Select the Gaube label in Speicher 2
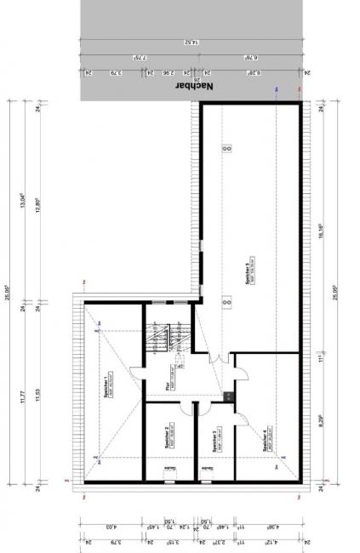click(x=170, y=469)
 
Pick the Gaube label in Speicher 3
click(x=207, y=469)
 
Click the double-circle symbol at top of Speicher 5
click(x=226, y=148)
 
